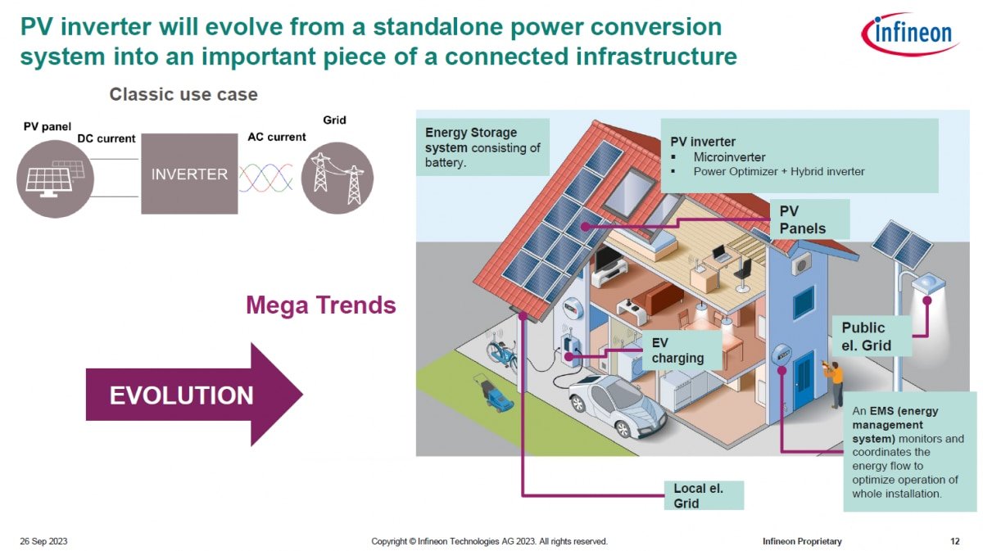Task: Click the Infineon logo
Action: [x=911, y=34]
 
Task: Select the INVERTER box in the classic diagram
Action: [x=189, y=174]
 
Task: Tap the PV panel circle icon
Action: [x=55, y=178]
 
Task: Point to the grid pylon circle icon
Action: [x=337, y=178]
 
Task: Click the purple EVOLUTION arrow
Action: [x=194, y=395]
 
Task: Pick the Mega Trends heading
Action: [x=321, y=305]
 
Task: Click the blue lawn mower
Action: [x=494, y=393]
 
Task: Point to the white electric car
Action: [x=618, y=404]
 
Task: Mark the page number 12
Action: [x=955, y=541]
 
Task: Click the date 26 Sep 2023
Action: [x=43, y=541]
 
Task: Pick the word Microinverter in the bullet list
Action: [x=729, y=156]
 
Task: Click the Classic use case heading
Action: [x=183, y=94]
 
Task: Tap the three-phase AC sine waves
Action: [x=266, y=178]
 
